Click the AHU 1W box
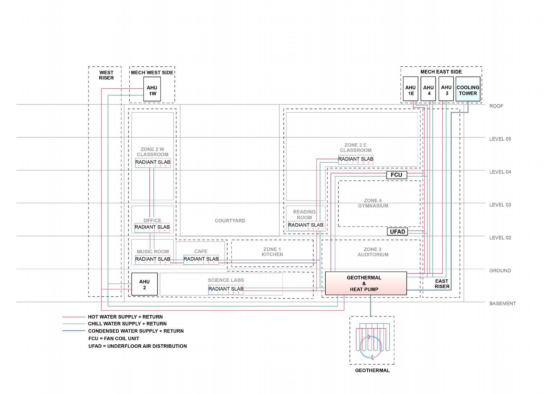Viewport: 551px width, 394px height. pos(152,89)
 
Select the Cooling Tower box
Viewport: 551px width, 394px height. pos(468,89)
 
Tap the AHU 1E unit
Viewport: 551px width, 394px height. pos(410,89)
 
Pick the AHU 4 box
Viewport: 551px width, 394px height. pos(428,89)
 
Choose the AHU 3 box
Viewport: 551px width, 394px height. pos(446,89)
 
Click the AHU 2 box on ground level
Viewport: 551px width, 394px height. pos(144,284)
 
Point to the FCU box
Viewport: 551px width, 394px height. pos(396,175)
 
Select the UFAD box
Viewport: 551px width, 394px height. pos(397,232)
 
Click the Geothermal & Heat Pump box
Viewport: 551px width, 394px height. pos(366,283)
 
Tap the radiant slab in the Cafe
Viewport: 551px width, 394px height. pos(201,259)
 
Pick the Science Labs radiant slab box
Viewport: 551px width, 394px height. pos(226,289)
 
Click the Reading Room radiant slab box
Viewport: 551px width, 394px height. pos(306,225)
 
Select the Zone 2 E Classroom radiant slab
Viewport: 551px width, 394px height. pos(356,159)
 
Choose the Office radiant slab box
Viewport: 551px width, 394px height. pos(152,227)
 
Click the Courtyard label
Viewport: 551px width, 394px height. pos(230,221)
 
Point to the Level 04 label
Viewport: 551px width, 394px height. pos(500,172)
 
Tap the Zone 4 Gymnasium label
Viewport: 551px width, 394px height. pos(373,203)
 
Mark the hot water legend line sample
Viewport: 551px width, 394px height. pos(74,317)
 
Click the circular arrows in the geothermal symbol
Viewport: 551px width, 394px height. pos(370,347)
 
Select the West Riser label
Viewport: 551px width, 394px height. pos(106,75)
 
